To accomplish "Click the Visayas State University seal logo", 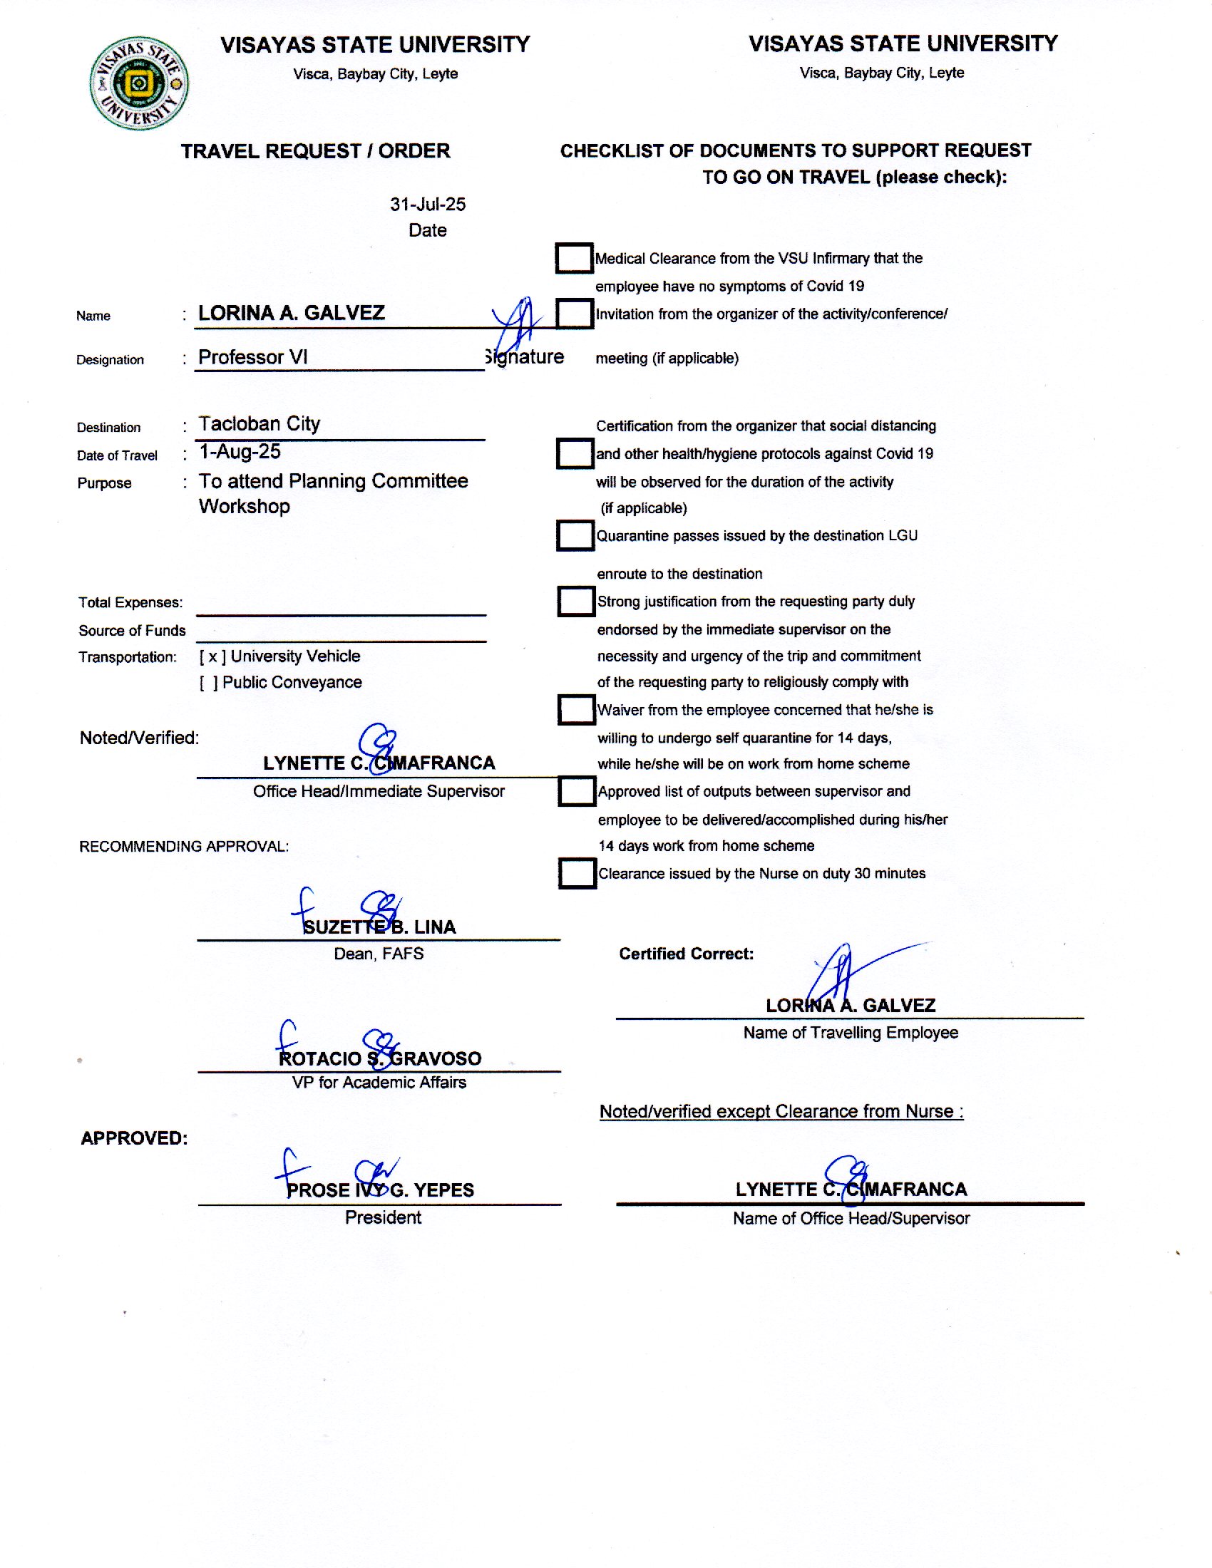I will point(139,83).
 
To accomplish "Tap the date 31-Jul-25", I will point(427,205).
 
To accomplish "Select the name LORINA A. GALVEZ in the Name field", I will point(292,313).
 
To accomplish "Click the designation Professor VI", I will point(253,357).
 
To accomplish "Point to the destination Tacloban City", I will point(260,423).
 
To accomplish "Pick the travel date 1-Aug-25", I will point(240,452).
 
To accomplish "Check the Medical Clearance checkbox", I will point(574,259).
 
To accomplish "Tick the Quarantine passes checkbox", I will point(575,535).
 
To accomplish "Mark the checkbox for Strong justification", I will point(576,602).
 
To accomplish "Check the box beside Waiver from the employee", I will point(577,709).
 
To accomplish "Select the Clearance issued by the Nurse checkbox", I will point(577,873).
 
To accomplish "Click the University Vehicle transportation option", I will point(280,656).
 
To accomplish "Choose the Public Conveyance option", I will point(281,682).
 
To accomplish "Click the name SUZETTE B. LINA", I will point(379,927).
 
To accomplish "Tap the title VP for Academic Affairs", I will point(379,1082).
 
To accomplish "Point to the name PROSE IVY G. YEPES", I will point(380,1190).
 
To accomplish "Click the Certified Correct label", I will point(687,954).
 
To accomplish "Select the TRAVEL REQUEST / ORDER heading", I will point(315,152).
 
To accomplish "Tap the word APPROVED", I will point(134,1138).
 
